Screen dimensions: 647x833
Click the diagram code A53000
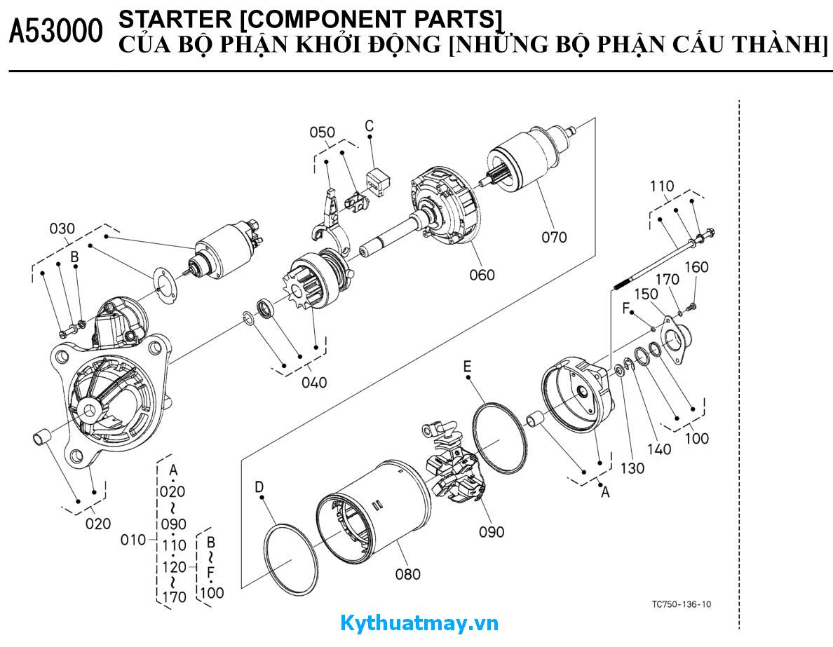[55, 32]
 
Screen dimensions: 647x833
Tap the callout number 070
[554, 237]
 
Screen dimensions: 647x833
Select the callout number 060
[482, 275]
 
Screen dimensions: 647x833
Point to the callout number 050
[322, 132]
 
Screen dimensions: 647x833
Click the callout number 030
[62, 229]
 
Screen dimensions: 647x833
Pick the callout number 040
[313, 383]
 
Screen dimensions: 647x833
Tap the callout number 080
[407, 575]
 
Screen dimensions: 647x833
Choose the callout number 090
[492, 532]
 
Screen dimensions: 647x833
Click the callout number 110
[662, 186]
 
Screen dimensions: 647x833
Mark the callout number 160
[696, 267]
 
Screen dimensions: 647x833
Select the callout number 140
[658, 449]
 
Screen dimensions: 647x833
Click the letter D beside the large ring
[259, 486]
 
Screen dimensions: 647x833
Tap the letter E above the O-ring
[467, 367]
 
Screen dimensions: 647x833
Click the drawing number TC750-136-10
[681, 604]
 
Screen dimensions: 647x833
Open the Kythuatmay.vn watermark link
[419, 623]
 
